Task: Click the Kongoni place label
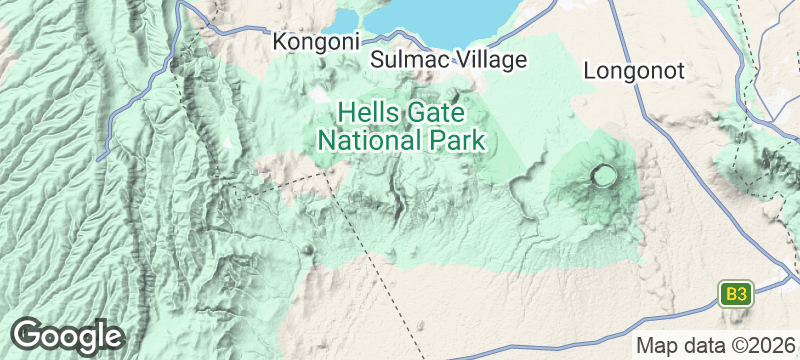click(x=316, y=42)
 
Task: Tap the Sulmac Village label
click(x=448, y=60)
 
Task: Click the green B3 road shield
click(x=735, y=294)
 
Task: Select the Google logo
click(x=67, y=335)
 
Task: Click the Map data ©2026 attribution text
click(x=715, y=345)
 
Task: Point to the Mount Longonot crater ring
click(x=604, y=177)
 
